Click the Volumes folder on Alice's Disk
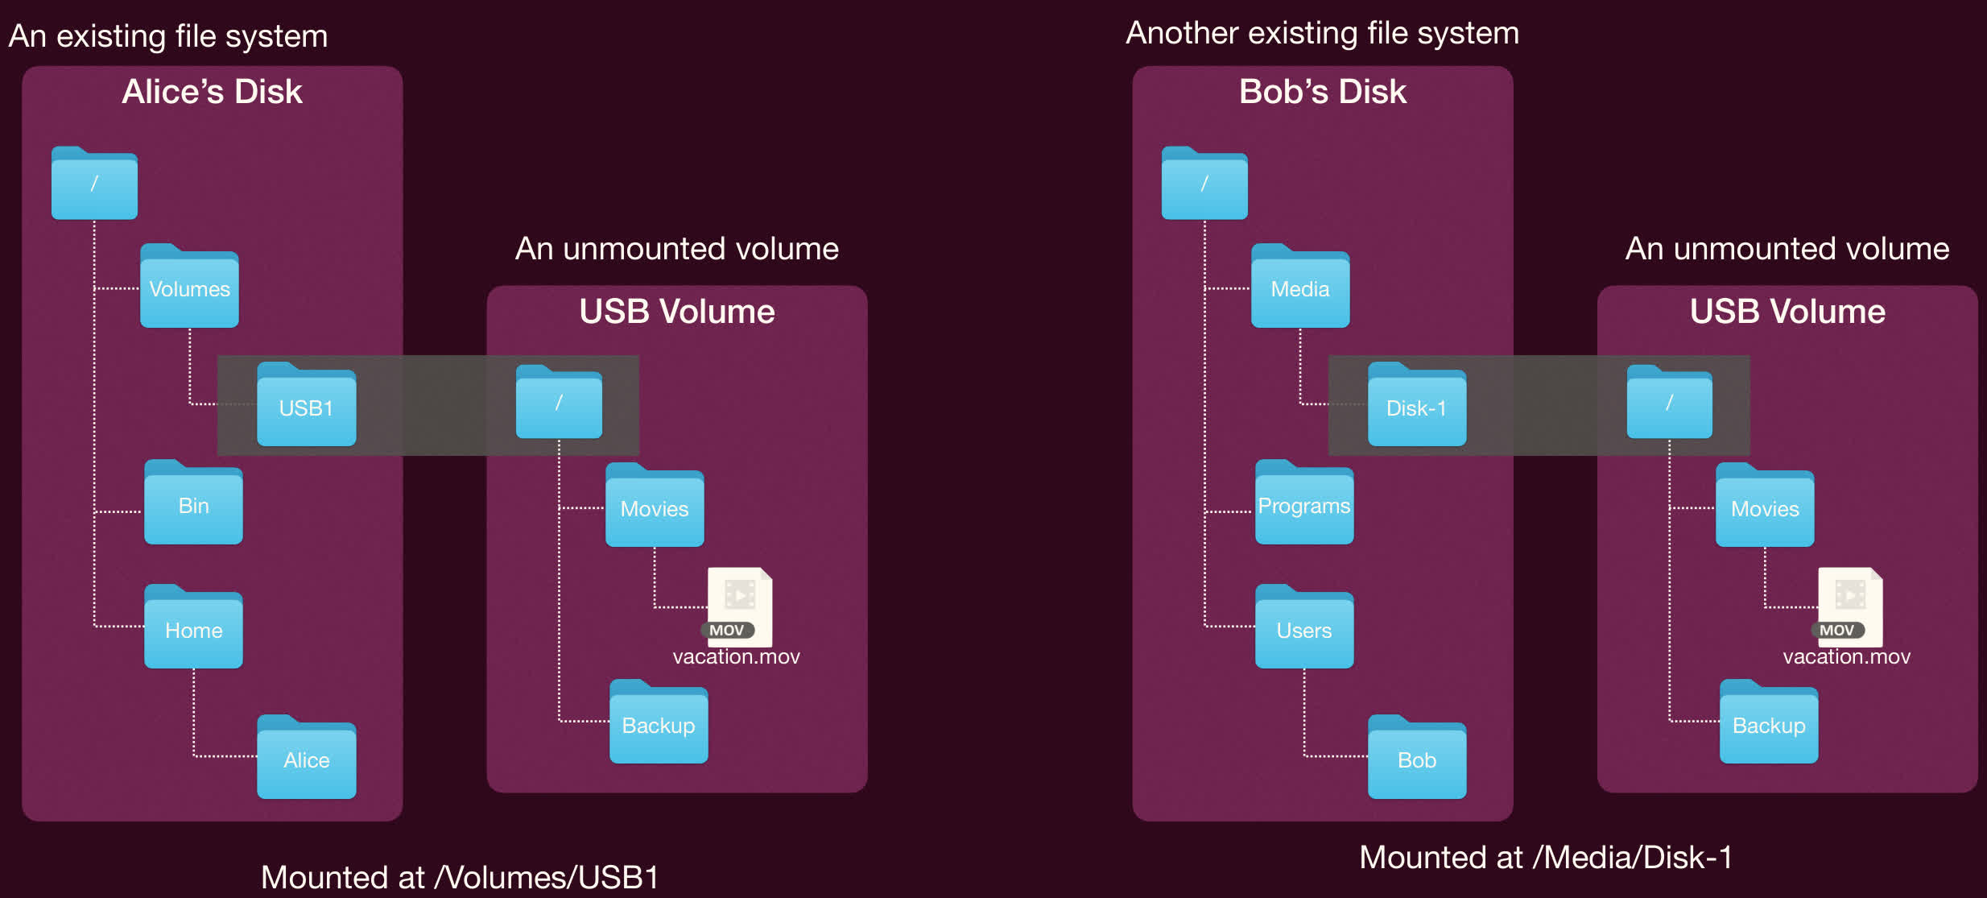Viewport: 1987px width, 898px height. [x=189, y=286]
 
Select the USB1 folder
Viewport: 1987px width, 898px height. [x=306, y=404]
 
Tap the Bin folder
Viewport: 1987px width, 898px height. [x=193, y=502]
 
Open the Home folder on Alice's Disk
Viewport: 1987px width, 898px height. [x=193, y=627]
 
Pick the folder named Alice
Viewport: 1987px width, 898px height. [x=306, y=757]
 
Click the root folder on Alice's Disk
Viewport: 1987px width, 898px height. [x=94, y=183]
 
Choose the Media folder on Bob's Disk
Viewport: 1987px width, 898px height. [x=1300, y=286]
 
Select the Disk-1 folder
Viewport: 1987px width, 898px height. [x=1417, y=404]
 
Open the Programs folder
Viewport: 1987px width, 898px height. [x=1304, y=502]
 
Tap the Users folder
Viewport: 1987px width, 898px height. [x=1304, y=627]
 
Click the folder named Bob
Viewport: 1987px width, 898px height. [x=1417, y=757]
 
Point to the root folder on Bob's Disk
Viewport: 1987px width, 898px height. [x=1204, y=183]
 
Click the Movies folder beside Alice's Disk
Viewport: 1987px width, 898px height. [x=655, y=505]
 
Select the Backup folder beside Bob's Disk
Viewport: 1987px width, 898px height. [x=1769, y=722]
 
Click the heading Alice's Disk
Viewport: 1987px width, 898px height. [x=213, y=92]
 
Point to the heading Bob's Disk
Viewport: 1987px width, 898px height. [x=1323, y=92]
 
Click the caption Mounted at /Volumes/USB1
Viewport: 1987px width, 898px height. [x=461, y=877]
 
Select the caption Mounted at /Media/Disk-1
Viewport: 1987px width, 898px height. [x=1546, y=857]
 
